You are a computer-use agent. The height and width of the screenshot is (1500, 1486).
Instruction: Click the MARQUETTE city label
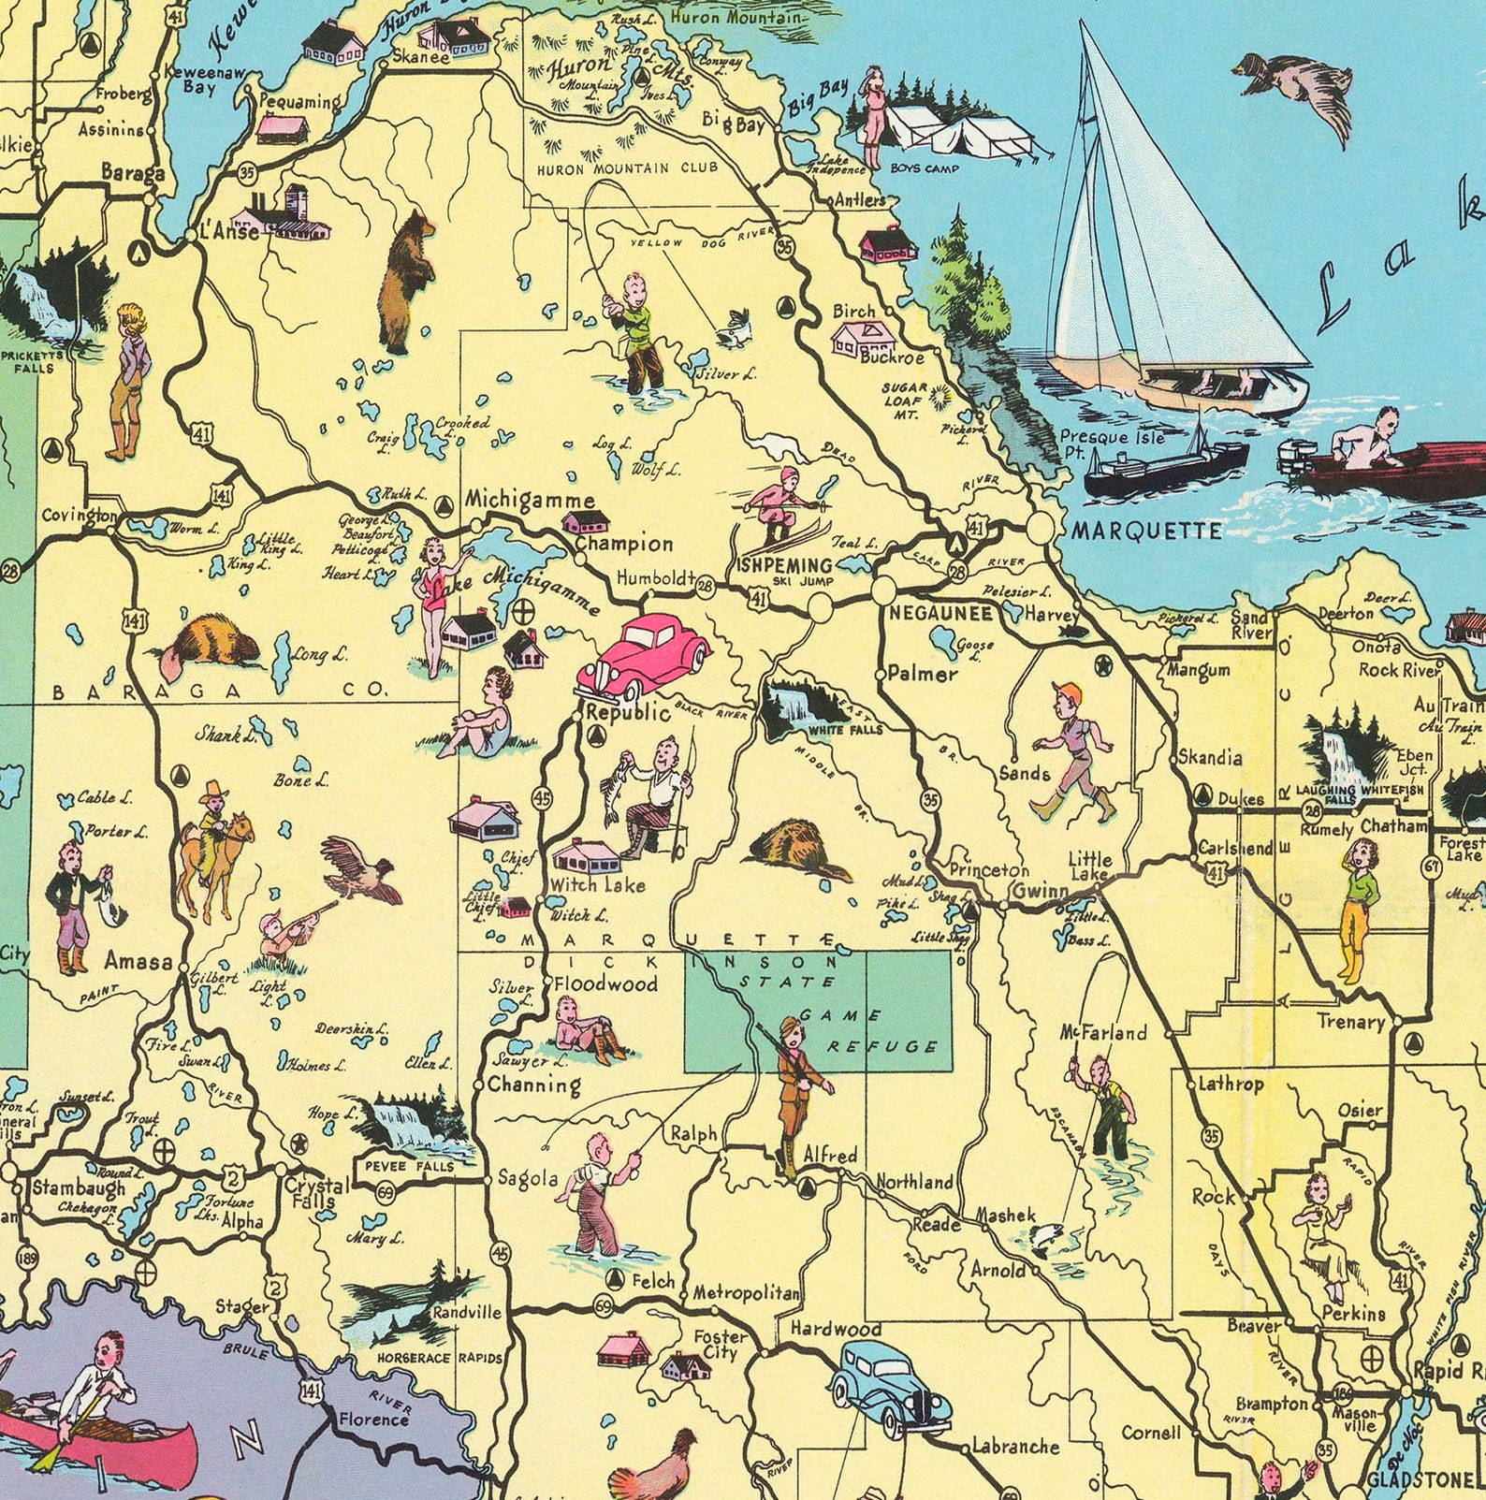1146,531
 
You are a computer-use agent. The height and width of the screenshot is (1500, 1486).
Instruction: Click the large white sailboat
1170,243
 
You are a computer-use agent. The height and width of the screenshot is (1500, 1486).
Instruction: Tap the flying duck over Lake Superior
1296,89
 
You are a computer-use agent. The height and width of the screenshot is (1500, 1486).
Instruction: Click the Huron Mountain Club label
627,168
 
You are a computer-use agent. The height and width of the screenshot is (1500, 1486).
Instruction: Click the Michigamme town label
530,500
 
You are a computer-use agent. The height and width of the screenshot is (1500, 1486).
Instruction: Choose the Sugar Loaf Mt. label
905,400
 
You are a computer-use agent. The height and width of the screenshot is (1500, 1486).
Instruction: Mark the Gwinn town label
1040,891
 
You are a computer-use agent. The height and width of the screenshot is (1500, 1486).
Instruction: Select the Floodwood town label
605,983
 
